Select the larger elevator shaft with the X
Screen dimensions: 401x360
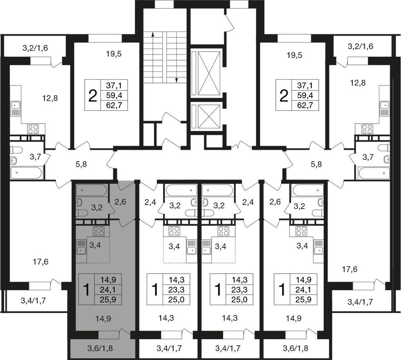pyautogui.click(x=209, y=73)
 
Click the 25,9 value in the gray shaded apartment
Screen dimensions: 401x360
pyautogui.click(x=108, y=299)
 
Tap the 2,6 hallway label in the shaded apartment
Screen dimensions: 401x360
pyautogui.click(x=120, y=202)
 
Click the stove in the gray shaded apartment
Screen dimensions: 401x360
pyautogui.click(x=99, y=231)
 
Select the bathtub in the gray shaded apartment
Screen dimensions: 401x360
pyautogui.click(x=91, y=190)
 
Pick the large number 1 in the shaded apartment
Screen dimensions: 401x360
pyautogui.click(x=87, y=290)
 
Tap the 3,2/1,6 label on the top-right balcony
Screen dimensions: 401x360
pyautogui.click(x=360, y=46)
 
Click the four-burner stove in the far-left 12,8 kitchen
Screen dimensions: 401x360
pyautogui.click(x=33, y=129)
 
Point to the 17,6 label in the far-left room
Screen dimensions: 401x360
pyautogui.click(x=41, y=262)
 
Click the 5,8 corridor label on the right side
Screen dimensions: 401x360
pyautogui.click(x=316, y=164)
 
